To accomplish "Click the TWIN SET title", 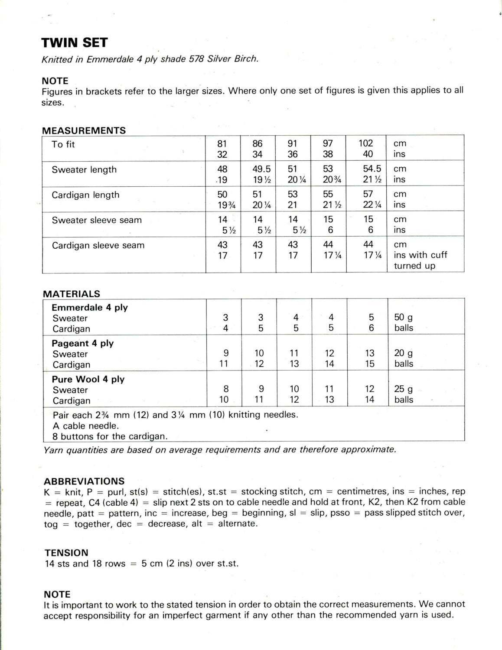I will click(x=74, y=42).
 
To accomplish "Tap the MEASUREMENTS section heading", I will click(x=84, y=130).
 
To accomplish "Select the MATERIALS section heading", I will click(x=72, y=293).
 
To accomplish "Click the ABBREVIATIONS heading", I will click(x=84, y=481).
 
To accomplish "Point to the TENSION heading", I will click(x=66, y=552).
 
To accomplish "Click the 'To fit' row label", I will click(x=63, y=144).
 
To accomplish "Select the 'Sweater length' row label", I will click(x=84, y=169).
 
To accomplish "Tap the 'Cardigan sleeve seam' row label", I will click(x=98, y=245).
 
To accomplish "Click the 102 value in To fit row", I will click(x=365, y=143).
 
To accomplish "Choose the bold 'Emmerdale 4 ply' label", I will click(x=90, y=307).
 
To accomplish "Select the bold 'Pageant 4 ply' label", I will click(x=82, y=343).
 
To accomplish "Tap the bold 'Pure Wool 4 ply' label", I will click(x=88, y=379).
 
